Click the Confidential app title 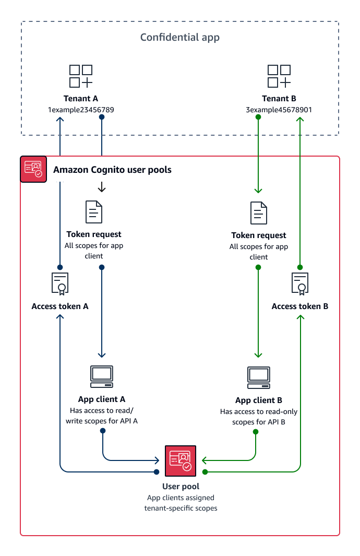point(180,37)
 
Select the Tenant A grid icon point(81,76)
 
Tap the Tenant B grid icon point(279,76)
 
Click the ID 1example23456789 point(81,110)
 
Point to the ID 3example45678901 point(279,110)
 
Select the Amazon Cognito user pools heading point(112,170)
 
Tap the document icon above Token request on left point(94,212)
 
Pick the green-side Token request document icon point(259,213)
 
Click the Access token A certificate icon point(60,283)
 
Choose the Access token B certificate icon point(300,283)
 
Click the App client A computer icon point(102,376)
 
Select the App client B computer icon point(259,377)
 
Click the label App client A point(102,399)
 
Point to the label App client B point(259,400)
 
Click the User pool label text point(181,487)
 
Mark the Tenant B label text point(279,98)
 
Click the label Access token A point(60,306)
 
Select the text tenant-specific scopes point(181,508)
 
